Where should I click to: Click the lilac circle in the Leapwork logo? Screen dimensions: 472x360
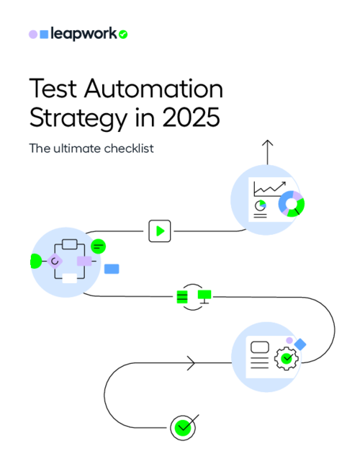tap(33, 34)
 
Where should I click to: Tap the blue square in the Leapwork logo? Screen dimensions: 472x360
tap(45, 34)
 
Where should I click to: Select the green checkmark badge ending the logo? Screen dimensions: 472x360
tap(123, 34)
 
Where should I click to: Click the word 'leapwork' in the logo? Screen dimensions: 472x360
tap(83, 34)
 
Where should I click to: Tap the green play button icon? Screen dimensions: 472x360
tap(158, 231)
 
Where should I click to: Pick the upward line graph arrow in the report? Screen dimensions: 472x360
tap(269, 188)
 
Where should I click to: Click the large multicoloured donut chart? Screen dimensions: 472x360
tap(292, 204)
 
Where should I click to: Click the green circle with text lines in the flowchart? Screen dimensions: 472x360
tap(99, 246)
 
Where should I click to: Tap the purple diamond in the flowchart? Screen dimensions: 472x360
tap(55, 261)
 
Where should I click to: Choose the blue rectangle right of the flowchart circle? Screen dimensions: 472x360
tap(112, 269)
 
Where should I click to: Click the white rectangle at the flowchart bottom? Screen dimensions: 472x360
tap(69, 278)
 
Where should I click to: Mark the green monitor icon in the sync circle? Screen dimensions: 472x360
tap(204, 295)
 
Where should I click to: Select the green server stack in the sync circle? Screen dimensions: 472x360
tap(183, 296)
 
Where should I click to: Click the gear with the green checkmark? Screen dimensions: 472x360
tap(287, 358)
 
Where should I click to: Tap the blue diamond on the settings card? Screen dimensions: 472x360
tap(300, 344)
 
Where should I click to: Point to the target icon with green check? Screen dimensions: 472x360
tap(183, 427)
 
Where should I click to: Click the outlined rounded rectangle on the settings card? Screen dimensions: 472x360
tap(260, 347)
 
